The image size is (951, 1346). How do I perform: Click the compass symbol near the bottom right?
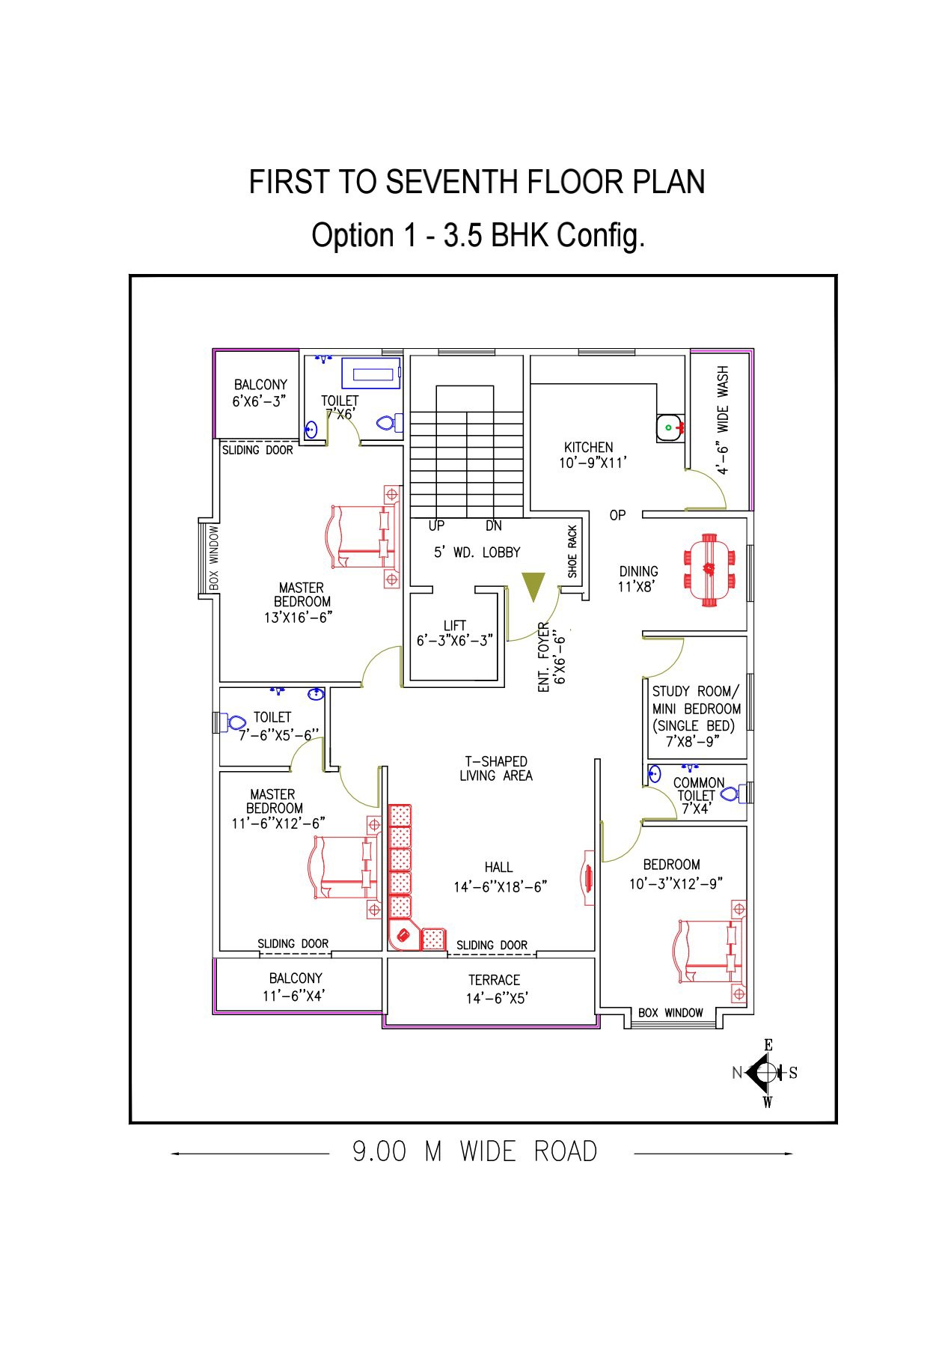click(x=765, y=1072)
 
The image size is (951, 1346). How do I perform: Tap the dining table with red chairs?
click(x=709, y=569)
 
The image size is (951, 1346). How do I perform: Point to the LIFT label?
click(x=455, y=625)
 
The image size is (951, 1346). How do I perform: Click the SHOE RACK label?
click(x=572, y=551)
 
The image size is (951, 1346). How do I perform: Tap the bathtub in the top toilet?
click(x=371, y=374)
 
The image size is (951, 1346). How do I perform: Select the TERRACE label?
click(x=494, y=979)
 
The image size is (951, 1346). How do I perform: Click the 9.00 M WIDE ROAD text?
click(x=475, y=1151)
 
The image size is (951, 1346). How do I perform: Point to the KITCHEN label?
click(x=589, y=447)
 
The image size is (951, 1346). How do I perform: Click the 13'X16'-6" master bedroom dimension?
click(x=298, y=618)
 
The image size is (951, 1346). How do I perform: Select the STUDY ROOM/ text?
click(x=696, y=691)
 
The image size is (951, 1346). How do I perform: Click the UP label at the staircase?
click(x=436, y=526)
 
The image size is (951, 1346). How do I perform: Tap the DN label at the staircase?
click(x=494, y=526)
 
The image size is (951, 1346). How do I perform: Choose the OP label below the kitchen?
click(x=617, y=515)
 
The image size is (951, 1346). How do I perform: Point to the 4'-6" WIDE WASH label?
click(x=723, y=420)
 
